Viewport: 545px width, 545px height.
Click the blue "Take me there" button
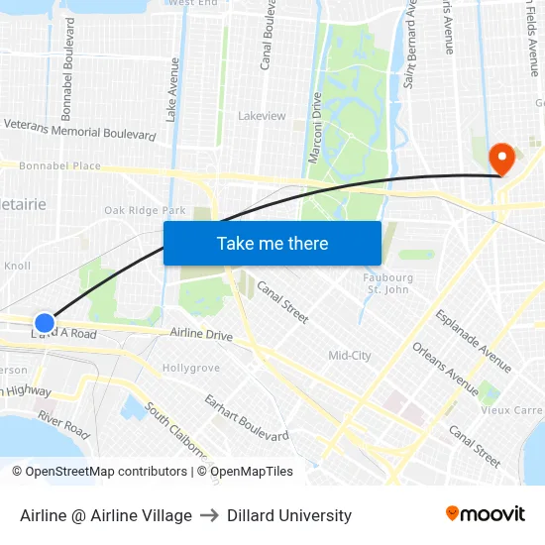(x=272, y=243)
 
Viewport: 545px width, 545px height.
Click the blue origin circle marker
(x=45, y=323)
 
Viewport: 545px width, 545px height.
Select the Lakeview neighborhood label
(x=262, y=116)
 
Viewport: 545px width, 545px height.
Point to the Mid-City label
(x=350, y=355)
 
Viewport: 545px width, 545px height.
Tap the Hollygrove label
(x=191, y=368)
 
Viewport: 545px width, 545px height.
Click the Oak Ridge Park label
(x=145, y=210)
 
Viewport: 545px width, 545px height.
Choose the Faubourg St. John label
(x=388, y=283)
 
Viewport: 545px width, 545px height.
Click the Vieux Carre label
(x=511, y=409)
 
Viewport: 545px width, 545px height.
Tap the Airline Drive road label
(x=201, y=335)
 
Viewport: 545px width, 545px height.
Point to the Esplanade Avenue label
(x=474, y=340)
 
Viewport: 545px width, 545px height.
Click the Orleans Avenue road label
(x=445, y=368)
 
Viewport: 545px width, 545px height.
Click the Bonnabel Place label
(x=59, y=166)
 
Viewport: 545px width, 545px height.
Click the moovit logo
(x=485, y=514)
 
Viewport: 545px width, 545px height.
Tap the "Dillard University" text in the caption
(x=289, y=515)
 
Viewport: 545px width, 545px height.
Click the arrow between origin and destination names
(x=209, y=515)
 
